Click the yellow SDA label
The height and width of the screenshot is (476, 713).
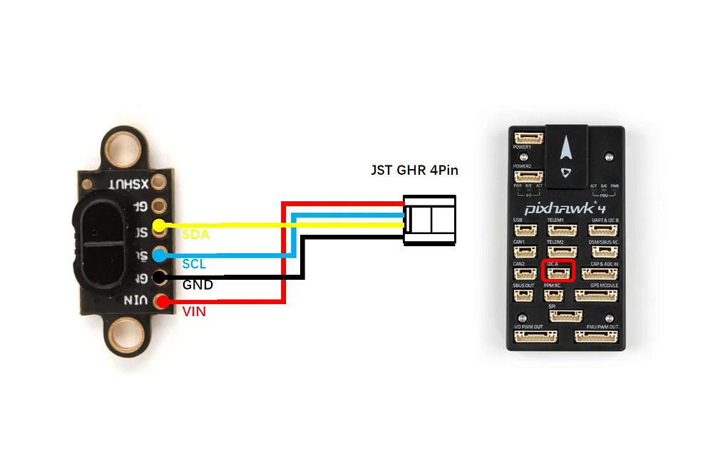click(195, 235)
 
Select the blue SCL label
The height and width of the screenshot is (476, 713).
click(194, 264)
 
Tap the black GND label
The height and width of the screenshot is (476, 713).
click(198, 285)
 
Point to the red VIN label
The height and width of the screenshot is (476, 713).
click(193, 311)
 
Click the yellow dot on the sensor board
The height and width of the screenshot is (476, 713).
click(160, 226)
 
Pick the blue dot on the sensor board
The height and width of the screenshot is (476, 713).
click(160, 253)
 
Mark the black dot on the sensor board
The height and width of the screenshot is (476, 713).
click(160, 278)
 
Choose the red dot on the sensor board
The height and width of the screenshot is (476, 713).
click(162, 302)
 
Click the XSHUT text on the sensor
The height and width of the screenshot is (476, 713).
click(129, 183)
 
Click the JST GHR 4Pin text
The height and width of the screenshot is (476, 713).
click(414, 171)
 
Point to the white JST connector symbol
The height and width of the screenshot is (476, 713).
click(429, 219)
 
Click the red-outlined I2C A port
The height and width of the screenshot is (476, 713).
click(558, 272)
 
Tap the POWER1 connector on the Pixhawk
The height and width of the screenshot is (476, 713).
click(529, 139)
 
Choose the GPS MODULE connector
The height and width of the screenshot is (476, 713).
click(596, 295)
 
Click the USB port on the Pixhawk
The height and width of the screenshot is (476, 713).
click(523, 231)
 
